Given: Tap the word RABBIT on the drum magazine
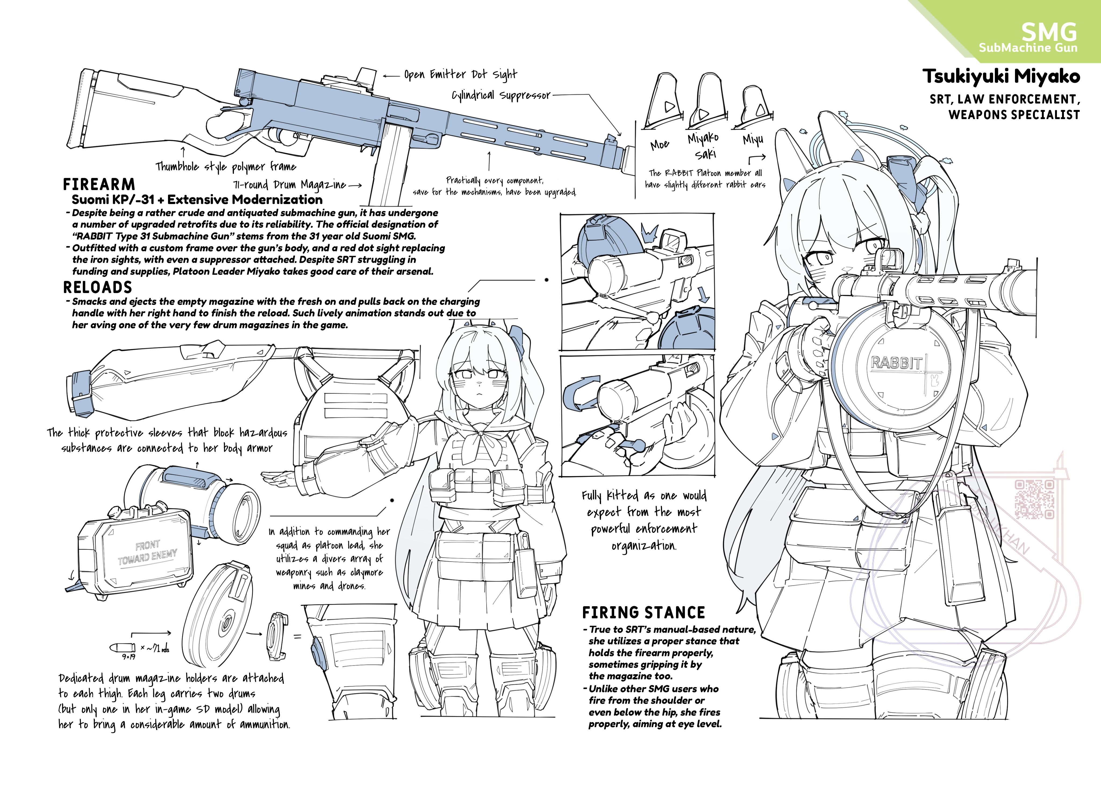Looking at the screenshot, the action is tap(896, 363).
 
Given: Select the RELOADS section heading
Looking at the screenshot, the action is tap(98, 288).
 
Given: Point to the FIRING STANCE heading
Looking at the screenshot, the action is tap(643, 613).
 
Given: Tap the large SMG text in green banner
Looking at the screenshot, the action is tap(1049, 32).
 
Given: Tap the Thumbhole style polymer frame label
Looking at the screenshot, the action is tap(226, 167).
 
